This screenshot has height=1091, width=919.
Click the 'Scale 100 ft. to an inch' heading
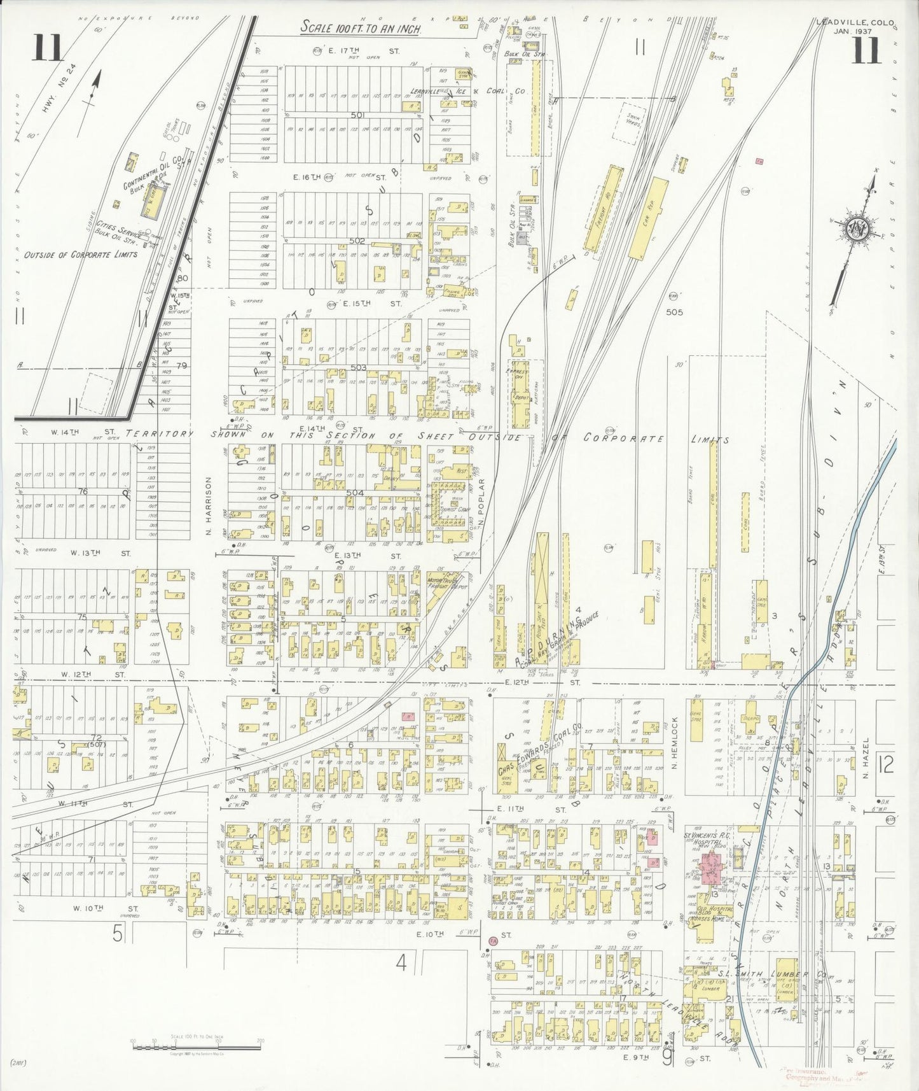point(360,27)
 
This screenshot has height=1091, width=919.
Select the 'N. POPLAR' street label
point(482,503)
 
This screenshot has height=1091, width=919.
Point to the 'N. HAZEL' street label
point(866,763)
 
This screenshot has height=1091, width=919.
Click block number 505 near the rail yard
point(674,313)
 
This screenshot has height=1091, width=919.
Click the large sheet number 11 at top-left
point(48,49)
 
